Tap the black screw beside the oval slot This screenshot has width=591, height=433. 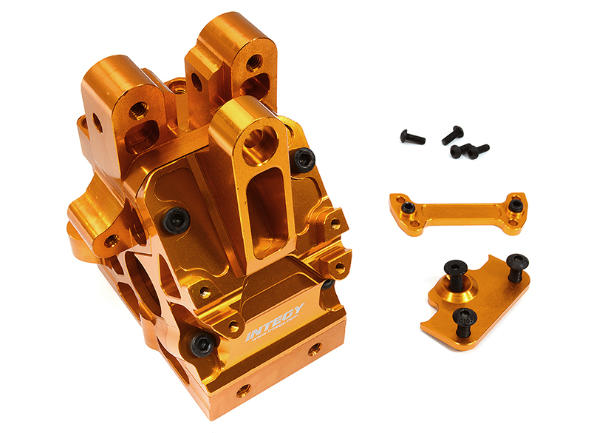[303, 158]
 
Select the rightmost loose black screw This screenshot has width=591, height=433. [479, 150]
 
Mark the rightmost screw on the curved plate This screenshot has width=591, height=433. [517, 263]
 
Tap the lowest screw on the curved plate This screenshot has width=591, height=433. [464, 318]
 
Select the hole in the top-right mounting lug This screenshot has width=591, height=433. [253, 64]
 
